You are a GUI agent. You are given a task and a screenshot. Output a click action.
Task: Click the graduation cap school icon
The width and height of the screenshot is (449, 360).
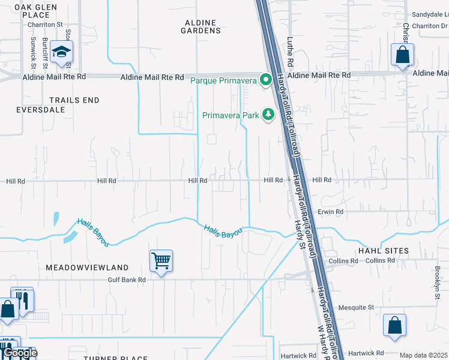(61, 52)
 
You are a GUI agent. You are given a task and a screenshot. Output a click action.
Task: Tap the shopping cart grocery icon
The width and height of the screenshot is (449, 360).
(161, 261)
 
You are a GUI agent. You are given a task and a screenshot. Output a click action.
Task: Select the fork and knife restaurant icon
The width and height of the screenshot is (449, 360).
(23, 299)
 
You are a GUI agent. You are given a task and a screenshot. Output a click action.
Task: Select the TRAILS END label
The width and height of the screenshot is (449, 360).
(74, 100)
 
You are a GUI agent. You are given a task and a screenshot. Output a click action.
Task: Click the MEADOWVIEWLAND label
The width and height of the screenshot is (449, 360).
(87, 267)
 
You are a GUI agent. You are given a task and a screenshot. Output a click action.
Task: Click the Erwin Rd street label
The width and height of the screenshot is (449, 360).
(331, 212)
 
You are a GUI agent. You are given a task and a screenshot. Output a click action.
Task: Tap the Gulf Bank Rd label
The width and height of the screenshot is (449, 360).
(127, 280)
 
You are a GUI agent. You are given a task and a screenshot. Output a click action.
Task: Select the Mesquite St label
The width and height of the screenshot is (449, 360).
(354, 307)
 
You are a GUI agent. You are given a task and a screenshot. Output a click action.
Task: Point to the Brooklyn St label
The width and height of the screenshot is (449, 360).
(438, 278)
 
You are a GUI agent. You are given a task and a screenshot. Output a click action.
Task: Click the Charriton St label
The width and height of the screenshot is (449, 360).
(46, 25)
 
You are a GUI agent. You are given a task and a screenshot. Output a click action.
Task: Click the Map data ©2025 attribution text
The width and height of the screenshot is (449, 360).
(423, 355)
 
